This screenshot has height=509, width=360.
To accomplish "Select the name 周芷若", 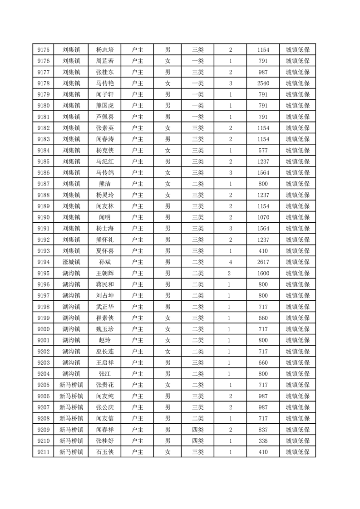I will (105, 61).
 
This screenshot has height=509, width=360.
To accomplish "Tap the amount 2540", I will (263, 83).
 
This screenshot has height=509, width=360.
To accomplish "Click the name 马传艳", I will (105, 83).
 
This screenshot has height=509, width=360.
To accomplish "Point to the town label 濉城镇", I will (71, 262).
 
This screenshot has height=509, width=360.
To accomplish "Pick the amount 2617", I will (263, 262).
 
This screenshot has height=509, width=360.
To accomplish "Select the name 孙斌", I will (105, 262).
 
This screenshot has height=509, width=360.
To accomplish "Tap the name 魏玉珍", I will (105, 329).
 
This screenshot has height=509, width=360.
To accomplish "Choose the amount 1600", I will (263, 273).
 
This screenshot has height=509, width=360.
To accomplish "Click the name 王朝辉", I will (105, 273).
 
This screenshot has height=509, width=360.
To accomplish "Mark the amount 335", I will (263, 440).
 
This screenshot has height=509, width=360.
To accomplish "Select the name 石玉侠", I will (105, 452).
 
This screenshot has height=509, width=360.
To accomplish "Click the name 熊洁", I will (105, 184).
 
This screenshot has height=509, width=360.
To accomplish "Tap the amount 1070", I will (263, 217).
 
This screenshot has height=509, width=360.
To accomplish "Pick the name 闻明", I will (105, 217).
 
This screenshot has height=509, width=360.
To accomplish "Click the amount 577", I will (263, 150).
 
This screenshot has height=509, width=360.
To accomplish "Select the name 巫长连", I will (105, 351).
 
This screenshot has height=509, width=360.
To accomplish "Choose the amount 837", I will (263, 429).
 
